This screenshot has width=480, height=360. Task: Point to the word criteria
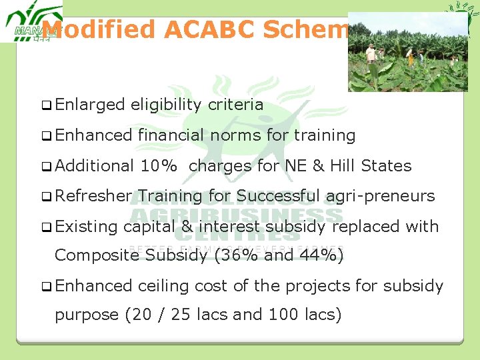[x=235, y=105]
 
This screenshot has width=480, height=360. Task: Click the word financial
[x=171, y=135]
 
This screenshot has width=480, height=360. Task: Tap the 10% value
[x=159, y=166]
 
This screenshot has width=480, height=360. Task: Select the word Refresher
[x=93, y=196]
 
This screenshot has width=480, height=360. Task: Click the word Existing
[x=87, y=227]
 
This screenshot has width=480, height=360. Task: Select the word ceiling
[x=164, y=286]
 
